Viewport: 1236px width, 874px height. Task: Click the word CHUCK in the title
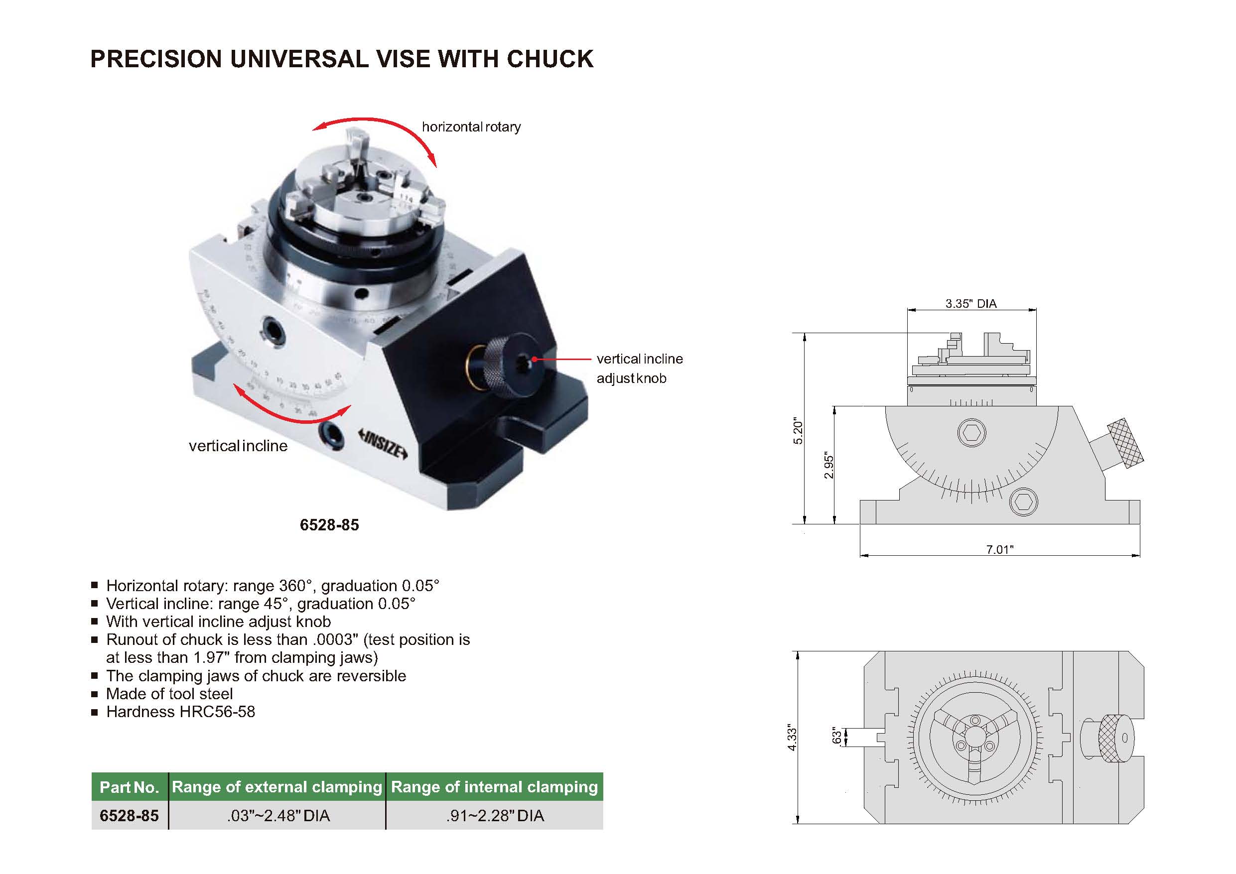(549, 59)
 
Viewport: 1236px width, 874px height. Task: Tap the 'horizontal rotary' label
(471, 127)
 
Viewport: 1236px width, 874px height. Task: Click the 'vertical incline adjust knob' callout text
(640, 369)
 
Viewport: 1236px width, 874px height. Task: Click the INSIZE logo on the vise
(383, 442)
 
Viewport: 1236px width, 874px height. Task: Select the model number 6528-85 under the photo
(329, 525)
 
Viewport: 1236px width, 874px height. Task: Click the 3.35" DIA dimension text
(971, 303)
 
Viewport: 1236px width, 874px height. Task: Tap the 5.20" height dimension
(798, 432)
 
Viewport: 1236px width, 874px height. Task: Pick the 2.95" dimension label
(829, 466)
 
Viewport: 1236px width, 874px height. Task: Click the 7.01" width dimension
(1000, 549)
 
